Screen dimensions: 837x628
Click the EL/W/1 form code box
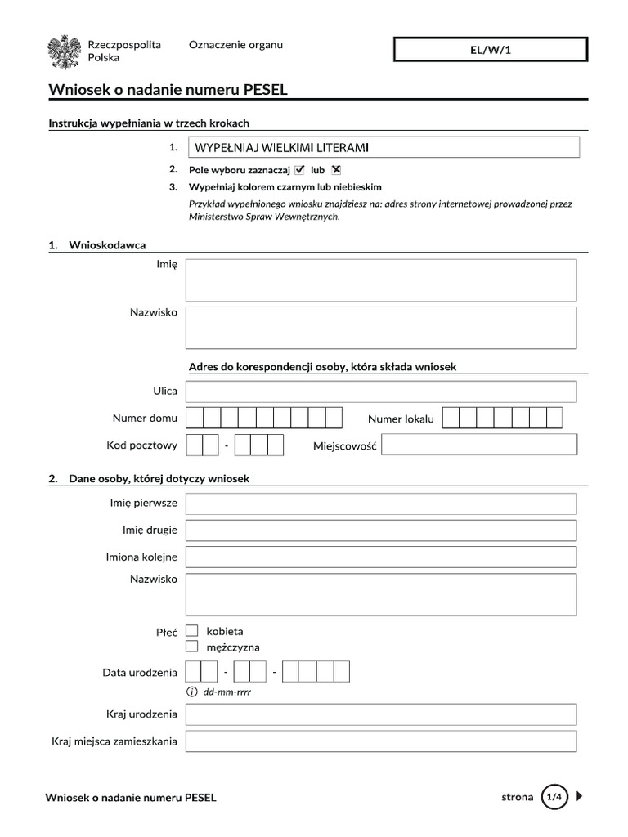[x=491, y=50]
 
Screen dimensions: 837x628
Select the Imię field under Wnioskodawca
[x=381, y=280]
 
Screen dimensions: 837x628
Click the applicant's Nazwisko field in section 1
[x=381, y=328]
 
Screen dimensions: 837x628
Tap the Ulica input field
[x=381, y=392]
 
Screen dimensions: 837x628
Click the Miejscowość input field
[x=479, y=445]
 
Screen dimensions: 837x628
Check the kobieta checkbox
[x=192, y=631]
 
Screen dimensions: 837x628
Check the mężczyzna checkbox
[x=192, y=647]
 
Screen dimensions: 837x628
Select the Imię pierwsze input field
[x=381, y=504]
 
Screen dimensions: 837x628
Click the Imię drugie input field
[x=381, y=530]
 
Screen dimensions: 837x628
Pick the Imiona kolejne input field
[x=381, y=557]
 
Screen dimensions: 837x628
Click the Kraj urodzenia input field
[x=381, y=714]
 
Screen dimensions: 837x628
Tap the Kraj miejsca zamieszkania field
[x=381, y=741]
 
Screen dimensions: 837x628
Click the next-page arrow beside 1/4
[x=580, y=796]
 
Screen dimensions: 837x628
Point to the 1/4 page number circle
[x=554, y=796]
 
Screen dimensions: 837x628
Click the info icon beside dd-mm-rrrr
[x=192, y=692]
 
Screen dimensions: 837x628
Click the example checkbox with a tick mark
[x=299, y=170]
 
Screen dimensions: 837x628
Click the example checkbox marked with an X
[x=335, y=170]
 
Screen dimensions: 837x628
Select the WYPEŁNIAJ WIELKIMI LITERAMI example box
[x=384, y=147]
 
